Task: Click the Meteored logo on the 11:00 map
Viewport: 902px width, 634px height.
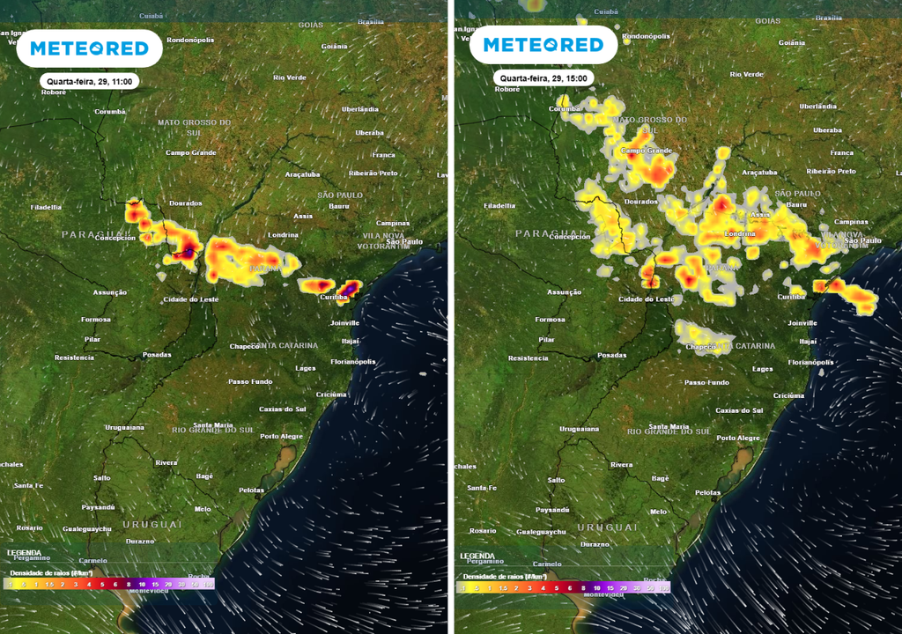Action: pos(89,48)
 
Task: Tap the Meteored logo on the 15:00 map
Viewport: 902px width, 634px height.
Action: pos(542,45)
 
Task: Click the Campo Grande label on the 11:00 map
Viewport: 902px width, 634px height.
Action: pos(191,153)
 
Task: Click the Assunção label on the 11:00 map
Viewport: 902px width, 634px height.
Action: pos(110,292)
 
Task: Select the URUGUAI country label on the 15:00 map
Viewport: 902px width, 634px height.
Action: pos(607,526)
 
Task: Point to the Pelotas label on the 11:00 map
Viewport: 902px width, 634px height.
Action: pos(251,490)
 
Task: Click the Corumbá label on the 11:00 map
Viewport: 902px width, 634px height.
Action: pos(110,112)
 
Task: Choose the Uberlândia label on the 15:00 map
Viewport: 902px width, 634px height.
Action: pos(817,107)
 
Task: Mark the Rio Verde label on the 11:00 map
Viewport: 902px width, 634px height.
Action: pos(290,77)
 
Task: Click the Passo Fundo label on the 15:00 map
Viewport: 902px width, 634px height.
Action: pos(706,382)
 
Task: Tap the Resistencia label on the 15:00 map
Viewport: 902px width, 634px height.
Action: pos(529,358)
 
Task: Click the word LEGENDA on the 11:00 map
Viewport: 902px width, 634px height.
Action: pos(24,554)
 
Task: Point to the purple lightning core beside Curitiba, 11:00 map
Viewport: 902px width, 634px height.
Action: pos(351,287)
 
